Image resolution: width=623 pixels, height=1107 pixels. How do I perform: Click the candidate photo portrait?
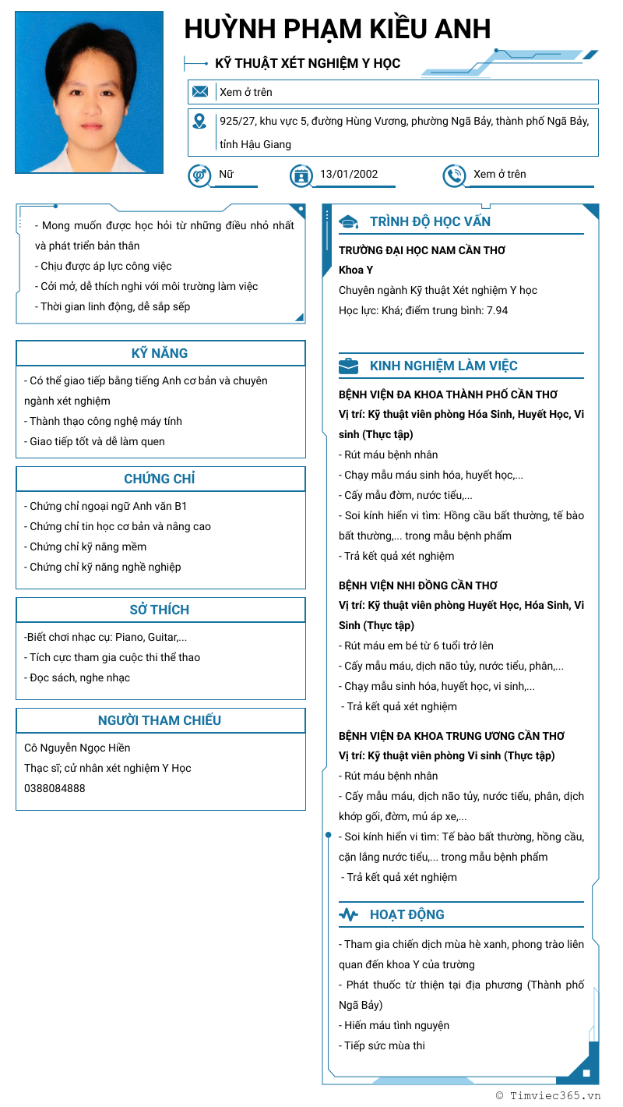[89, 92]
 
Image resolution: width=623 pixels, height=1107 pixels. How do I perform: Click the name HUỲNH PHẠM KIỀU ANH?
[337, 29]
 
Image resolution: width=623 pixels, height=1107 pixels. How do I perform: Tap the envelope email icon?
[200, 92]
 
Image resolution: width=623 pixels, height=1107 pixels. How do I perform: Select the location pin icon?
[200, 122]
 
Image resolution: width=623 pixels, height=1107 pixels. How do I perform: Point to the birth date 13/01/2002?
[349, 174]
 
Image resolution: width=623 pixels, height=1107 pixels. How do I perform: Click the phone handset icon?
[454, 175]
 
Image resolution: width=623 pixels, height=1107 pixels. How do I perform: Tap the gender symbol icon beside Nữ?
[199, 175]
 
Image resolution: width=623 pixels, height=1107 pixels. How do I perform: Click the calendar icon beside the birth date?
[301, 175]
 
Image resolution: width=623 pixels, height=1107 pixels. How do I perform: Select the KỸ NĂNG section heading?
[160, 353]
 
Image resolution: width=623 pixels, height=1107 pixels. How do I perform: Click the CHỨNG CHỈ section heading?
[160, 479]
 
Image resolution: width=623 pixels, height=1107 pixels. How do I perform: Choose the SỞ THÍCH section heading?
[160, 610]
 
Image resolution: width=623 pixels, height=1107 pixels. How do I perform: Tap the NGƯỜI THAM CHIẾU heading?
[160, 720]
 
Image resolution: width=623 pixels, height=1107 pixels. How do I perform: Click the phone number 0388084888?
[55, 788]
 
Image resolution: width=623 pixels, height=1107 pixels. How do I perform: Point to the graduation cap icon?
[348, 222]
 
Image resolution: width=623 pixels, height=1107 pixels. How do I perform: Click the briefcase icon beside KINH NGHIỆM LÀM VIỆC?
[348, 366]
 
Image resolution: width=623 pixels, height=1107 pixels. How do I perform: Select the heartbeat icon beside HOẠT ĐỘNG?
[348, 914]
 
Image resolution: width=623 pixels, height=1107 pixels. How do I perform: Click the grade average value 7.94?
[497, 310]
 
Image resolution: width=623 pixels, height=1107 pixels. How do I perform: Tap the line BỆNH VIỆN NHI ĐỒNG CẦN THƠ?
[417, 585]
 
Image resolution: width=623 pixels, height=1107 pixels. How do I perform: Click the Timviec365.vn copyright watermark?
[548, 1095]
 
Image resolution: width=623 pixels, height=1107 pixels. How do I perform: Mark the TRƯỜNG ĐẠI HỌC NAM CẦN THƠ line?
[422, 250]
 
